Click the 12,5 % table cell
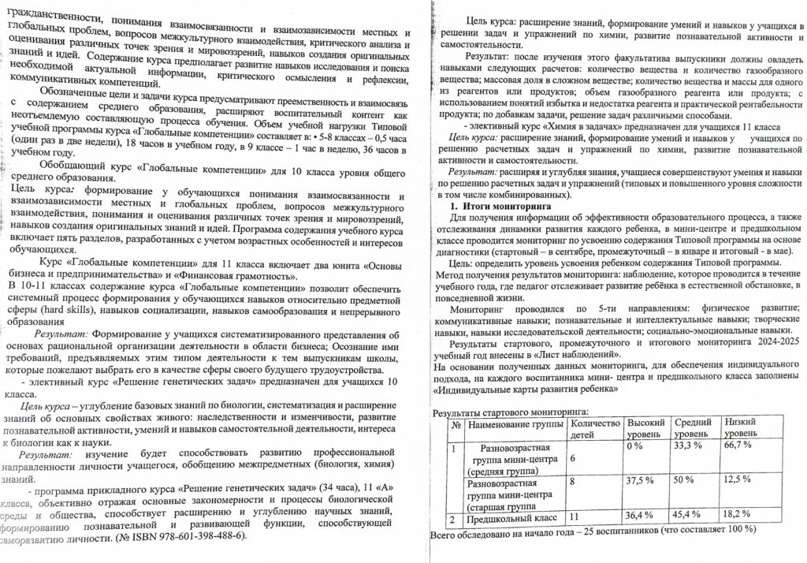coord(738,479)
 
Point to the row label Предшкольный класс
coord(513,518)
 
